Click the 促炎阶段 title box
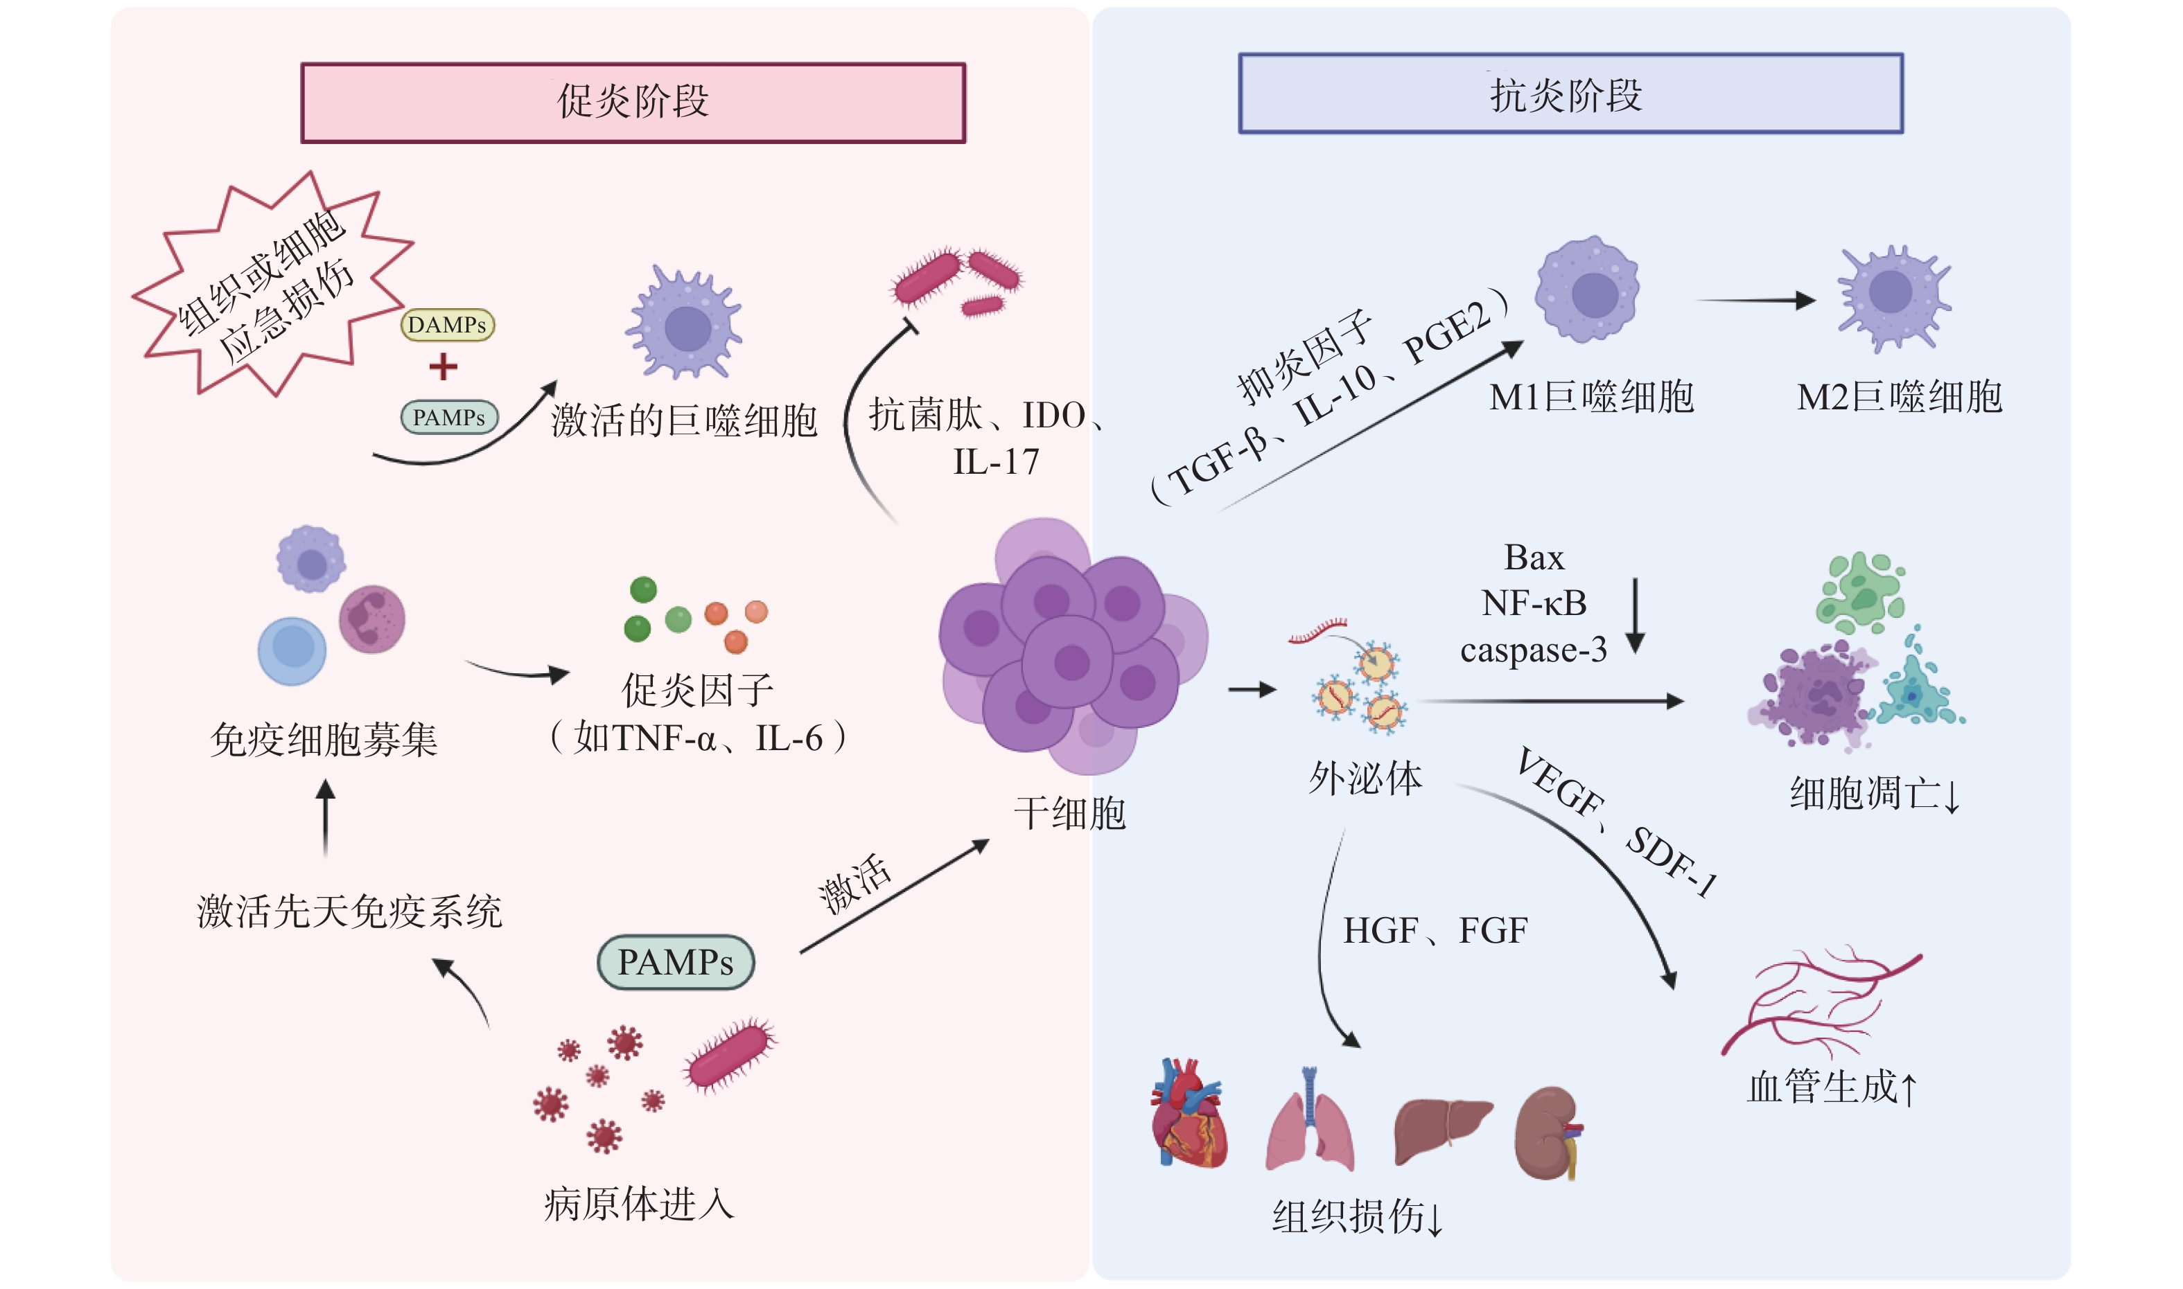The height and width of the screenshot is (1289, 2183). tap(633, 103)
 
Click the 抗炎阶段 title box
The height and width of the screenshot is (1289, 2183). tap(1570, 94)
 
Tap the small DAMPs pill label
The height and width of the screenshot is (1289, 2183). tap(447, 325)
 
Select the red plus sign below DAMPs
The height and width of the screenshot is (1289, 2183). tap(444, 366)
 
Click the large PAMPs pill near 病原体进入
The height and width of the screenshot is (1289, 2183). tap(675, 962)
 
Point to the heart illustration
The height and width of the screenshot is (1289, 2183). tap(1188, 1114)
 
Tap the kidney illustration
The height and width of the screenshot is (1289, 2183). tap(1548, 1134)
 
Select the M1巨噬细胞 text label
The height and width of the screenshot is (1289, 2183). tap(1591, 397)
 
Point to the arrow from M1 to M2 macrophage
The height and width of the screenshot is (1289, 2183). tap(1755, 301)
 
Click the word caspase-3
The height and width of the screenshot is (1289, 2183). tap(1533, 650)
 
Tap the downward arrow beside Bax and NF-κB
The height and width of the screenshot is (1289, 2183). tap(1635, 615)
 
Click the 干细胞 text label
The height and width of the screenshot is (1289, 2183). tap(1070, 814)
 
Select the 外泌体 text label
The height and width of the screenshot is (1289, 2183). tap(1365, 779)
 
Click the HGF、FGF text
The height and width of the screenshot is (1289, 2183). tap(1435, 931)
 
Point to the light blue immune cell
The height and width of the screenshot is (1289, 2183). tap(292, 650)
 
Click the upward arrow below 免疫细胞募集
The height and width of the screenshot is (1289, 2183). tap(326, 817)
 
